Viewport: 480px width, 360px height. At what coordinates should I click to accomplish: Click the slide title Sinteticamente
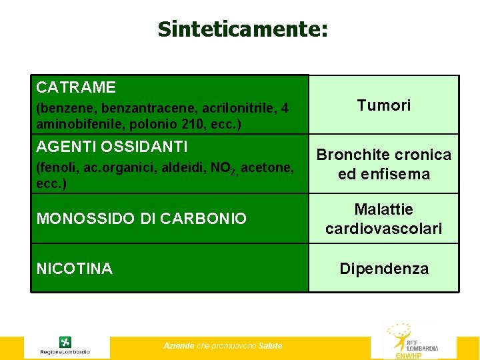(x=243, y=29)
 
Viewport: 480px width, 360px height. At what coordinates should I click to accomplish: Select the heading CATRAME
(x=76, y=87)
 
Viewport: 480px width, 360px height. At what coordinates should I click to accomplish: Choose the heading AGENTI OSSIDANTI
(x=112, y=146)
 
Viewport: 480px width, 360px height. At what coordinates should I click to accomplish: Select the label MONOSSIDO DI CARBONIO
(x=141, y=219)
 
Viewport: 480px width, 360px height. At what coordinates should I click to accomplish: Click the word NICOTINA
(x=75, y=269)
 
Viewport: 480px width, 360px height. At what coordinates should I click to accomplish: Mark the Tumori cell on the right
(x=384, y=105)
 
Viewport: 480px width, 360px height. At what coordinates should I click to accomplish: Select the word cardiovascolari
(x=383, y=229)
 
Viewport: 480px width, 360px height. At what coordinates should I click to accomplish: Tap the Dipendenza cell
(x=384, y=269)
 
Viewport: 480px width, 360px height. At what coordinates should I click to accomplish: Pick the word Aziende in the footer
(x=179, y=345)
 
